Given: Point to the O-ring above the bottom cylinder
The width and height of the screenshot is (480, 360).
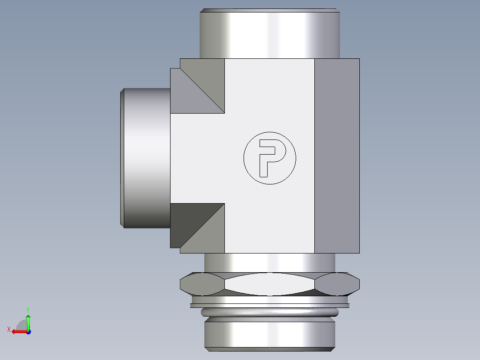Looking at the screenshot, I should pos(269,312).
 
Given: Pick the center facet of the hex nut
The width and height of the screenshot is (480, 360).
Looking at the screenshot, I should pos(269,284).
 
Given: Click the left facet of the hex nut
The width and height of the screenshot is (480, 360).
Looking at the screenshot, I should pos(201,284).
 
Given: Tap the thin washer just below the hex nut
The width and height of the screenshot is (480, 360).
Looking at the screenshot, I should pos(269,305).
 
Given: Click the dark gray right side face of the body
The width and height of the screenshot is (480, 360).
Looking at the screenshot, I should pos(337,156).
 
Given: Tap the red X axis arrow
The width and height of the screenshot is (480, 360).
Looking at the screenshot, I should pos(17,331).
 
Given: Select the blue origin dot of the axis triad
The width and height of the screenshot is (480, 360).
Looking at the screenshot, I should pos(28,331).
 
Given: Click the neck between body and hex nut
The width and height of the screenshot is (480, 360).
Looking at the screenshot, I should pos(269,262).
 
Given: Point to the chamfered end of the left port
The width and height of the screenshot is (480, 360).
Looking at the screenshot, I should pos(122,158).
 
